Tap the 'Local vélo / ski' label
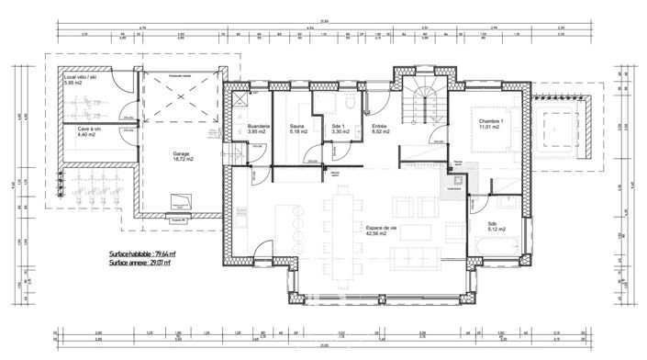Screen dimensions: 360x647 point(81,79)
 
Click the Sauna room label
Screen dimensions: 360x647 point(297,128)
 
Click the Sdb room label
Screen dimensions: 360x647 point(480,224)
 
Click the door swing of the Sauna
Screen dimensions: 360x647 point(313,159)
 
